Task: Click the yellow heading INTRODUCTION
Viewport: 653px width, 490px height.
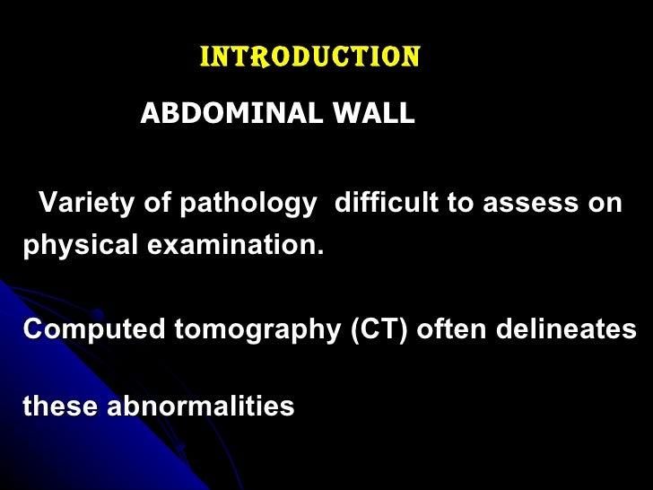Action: click(309, 58)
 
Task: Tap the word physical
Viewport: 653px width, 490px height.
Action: click(76, 245)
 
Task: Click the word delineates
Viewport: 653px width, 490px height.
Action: click(562, 329)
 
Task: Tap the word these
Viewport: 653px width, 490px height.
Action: click(61, 407)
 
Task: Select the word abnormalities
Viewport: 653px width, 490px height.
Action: click(201, 407)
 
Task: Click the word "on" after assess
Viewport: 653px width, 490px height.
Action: click(605, 204)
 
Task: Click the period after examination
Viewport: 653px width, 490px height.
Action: click(319, 250)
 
